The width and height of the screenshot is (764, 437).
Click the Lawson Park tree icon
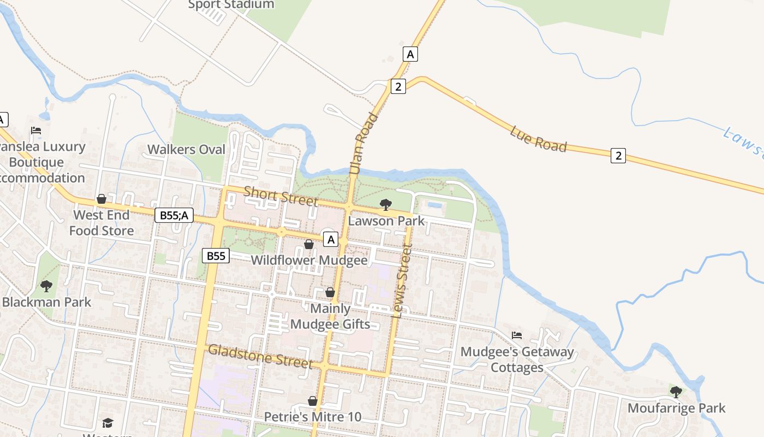[x=386, y=205]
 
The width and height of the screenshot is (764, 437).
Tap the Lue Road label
[x=539, y=139]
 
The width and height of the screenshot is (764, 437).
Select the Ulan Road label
[x=363, y=144]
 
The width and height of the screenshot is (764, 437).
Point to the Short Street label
[x=280, y=196]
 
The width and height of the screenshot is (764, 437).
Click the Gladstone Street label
[x=261, y=356]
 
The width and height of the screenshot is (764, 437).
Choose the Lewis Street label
[x=402, y=281]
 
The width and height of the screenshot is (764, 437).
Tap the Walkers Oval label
[x=186, y=149]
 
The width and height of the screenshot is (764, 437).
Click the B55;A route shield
[x=174, y=215]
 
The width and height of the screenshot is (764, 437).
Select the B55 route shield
[x=216, y=256]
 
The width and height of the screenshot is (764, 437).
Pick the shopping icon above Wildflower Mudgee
[x=309, y=244]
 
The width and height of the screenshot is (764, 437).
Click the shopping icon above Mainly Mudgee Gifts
[x=330, y=292]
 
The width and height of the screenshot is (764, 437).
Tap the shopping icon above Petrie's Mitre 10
[x=313, y=401]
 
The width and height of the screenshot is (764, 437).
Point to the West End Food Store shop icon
[x=102, y=199]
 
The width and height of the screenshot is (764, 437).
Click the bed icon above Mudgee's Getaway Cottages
[x=517, y=335]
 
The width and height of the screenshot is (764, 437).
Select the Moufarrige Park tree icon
[x=676, y=392]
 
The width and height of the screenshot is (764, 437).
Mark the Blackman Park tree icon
[x=46, y=286]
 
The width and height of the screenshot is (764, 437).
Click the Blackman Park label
[x=47, y=302]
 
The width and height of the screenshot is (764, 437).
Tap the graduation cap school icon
[x=108, y=423]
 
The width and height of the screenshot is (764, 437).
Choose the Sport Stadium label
[x=231, y=4]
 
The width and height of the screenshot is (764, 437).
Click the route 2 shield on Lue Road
[x=618, y=156]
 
